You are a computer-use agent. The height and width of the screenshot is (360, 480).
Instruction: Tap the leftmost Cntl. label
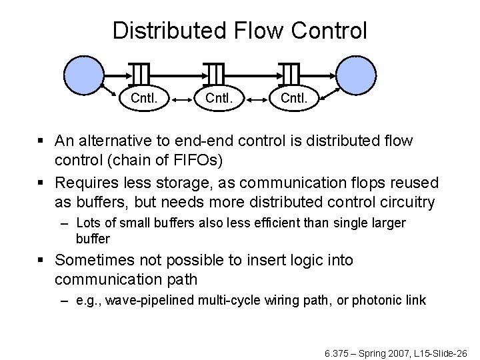pos(143,99)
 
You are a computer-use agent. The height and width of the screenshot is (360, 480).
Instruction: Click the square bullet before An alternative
pos(43,141)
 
